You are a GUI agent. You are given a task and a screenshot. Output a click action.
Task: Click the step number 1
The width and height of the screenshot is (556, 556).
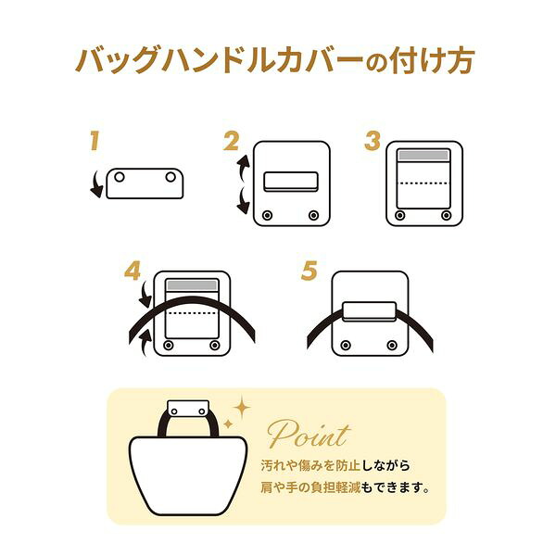click(95, 141)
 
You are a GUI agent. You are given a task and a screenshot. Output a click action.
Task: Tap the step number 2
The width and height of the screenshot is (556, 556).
click(232, 141)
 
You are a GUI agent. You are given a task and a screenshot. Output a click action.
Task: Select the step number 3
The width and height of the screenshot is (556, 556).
click(373, 141)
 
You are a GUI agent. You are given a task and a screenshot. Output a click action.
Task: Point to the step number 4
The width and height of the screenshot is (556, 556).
click(133, 271)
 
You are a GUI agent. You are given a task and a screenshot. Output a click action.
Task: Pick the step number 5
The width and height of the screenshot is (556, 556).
click(310, 271)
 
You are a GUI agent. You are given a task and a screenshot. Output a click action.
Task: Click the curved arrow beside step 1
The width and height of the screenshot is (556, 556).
click(95, 184)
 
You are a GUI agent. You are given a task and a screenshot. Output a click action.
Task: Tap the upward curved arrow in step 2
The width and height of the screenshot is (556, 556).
click(243, 168)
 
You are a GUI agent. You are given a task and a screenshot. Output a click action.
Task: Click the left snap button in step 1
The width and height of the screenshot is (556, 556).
click(120, 177)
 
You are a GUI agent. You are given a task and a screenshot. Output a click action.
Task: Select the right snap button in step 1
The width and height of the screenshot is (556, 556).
click(171, 177)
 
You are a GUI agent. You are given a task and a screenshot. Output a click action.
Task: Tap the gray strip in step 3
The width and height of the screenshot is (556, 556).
click(423, 156)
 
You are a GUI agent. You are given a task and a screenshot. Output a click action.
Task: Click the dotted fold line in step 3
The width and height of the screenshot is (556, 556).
click(423, 183)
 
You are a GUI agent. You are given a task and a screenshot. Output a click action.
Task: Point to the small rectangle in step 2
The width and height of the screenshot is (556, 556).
click(291, 182)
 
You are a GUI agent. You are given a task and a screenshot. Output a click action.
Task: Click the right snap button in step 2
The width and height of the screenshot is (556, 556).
click(313, 215)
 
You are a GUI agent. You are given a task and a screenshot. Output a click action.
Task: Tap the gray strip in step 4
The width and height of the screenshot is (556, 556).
click(192, 285)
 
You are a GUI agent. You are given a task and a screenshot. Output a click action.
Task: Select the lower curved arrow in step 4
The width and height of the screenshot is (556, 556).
click(145, 342)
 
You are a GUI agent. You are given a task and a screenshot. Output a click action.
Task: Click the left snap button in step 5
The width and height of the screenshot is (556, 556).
click(346, 345)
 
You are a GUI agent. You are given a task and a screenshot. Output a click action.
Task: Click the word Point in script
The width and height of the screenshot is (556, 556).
click(309, 434)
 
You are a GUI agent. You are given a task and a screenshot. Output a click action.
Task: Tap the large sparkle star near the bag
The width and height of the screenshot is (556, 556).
click(242, 408)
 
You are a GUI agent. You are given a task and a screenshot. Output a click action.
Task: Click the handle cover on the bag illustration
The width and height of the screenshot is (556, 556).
click(188, 411)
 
